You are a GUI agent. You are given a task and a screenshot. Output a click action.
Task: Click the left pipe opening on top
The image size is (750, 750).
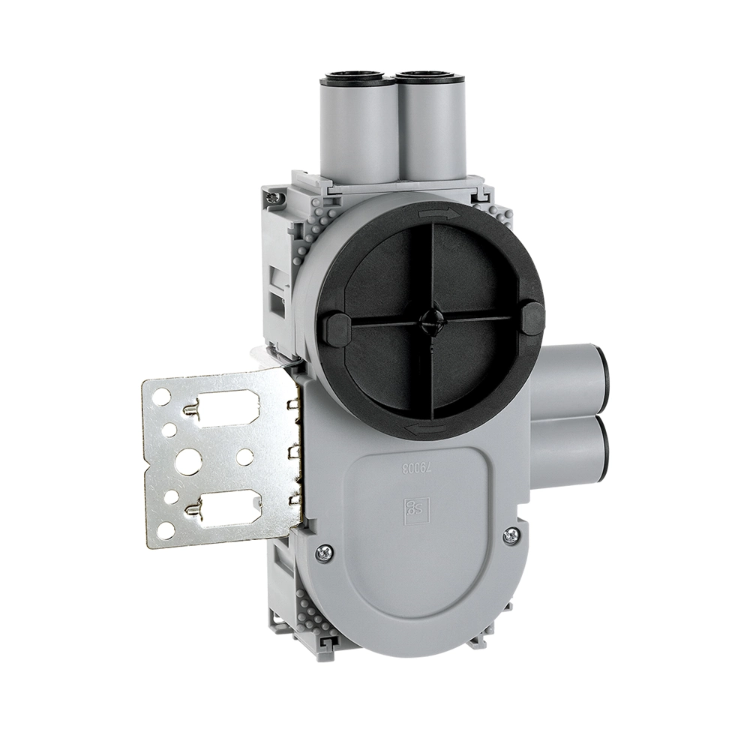tap(352, 77)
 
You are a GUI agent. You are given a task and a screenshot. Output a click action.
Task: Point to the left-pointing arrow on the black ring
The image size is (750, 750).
tap(424, 428)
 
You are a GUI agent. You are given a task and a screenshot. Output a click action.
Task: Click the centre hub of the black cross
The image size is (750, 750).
tap(430, 319)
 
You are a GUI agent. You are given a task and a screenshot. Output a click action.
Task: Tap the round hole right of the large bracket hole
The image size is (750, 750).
tap(244, 454)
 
